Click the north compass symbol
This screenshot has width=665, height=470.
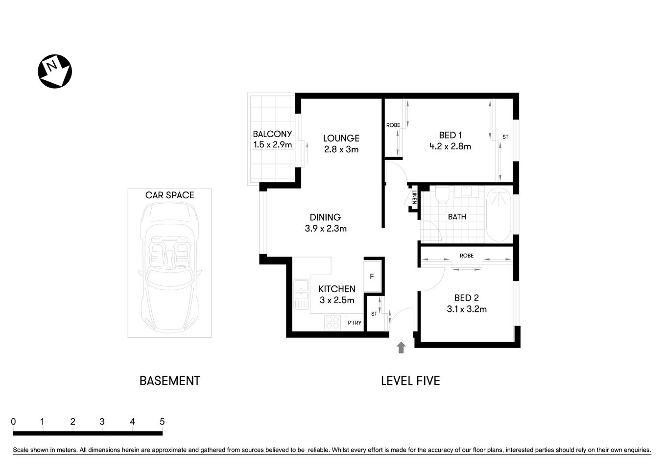point(55,71)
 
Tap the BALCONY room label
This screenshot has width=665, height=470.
point(272,134)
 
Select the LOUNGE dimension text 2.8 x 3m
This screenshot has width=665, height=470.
point(341,150)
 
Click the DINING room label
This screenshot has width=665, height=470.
point(325,217)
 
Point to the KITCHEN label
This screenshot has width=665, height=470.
point(336,289)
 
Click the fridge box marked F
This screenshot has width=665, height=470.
point(372,277)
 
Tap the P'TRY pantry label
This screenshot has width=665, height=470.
point(354,323)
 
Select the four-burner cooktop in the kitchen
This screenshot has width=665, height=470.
point(333,323)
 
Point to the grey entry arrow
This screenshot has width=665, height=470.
point(401,348)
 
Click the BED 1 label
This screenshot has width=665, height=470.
point(450,135)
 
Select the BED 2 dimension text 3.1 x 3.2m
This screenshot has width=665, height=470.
point(466,309)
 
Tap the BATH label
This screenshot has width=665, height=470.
point(457,216)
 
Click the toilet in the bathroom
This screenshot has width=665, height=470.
point(442,195)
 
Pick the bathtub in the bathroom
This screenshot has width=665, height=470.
point(499,215)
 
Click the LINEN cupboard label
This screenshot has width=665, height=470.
point(414,197)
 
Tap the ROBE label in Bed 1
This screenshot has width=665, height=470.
point(393,125)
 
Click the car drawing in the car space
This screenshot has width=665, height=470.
point(169,267)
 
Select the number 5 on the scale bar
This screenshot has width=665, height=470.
point(162,422)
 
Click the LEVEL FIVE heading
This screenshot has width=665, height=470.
point(410,380)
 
